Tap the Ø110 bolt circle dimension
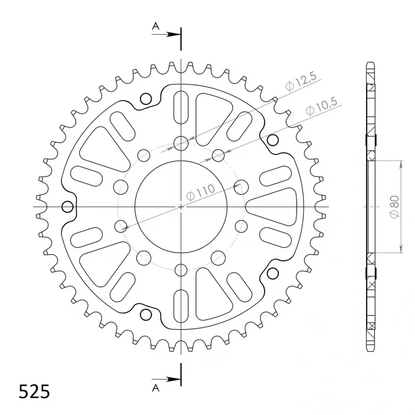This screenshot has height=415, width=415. pyautogui.click(x=200, y=192)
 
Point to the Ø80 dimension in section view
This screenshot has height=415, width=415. pyautogui.click(x=394, y=207)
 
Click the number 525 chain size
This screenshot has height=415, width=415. pyautogui.click(x=34, y=392)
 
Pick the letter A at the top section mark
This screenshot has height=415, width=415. pyautogui.click(x=156, y=26)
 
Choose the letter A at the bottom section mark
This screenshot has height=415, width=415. pyautogui.click(x=156, y=388)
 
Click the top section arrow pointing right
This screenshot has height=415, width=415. pyautogui.click(x=166, y=34)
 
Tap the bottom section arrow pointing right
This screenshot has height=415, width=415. pyautogui.click(x=166, y=379)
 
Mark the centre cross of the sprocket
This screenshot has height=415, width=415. pyautogui.click(x=181, y=206)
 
